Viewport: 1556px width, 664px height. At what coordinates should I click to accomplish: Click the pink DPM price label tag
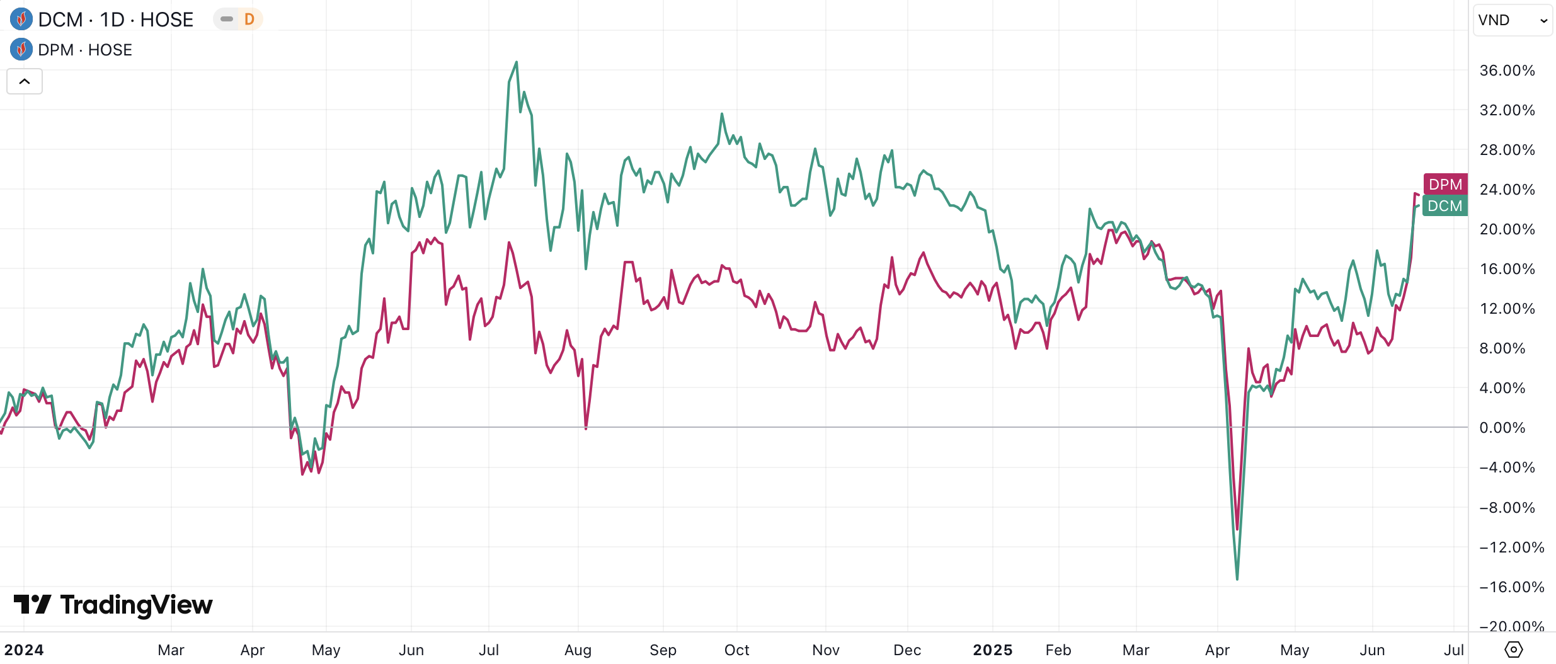pyautogui.click(x=1445, y=184)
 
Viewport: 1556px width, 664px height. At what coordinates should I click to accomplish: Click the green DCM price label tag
pyautogui.click(x=1445, y=206)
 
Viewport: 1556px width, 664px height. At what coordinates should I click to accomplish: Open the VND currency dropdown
pyautogui.click(x=1512, y=20)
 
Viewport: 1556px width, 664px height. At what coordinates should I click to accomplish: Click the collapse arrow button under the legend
pyautogui.click(x=25, y=81)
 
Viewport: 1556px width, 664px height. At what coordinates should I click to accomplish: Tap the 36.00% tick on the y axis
pyautogui.click(x=1507, y=71)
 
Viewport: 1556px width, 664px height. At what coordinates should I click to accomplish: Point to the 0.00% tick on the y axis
pyautogui.click(x=1502, y=428)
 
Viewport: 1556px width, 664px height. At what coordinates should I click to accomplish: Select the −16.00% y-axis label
pyautogui.click(x=1511, y=587)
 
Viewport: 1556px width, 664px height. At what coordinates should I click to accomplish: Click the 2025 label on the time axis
pyautogui.click(x=992, y=650)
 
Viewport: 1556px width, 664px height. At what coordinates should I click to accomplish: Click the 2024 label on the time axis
pyautogui.click(x=24, y=650)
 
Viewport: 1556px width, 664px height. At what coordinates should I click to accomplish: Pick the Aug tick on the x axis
pyautogui.click(x=578, y=650)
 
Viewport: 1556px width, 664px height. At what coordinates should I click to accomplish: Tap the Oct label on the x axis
pyautogui.click(x=736, y=650)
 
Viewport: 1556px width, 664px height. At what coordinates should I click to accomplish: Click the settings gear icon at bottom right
pyautogui.click(x=1513, y=649)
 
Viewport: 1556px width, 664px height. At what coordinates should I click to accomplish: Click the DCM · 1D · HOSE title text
pyautogui.click(x=115, y=20)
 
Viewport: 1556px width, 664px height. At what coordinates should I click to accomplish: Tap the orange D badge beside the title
pyautogui.click(x=249, y=20)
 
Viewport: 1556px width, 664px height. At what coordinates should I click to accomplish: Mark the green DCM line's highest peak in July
pyautogui.click(x=517, y=62)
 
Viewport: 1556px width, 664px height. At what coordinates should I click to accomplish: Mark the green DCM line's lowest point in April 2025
pyautogui.click(x=1237, y=579)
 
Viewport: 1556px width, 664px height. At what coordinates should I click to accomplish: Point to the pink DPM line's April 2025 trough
pyautogui.click(x=1237, y=529)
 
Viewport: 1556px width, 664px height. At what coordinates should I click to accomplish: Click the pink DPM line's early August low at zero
pyautogui.click(x=586, y=428)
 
